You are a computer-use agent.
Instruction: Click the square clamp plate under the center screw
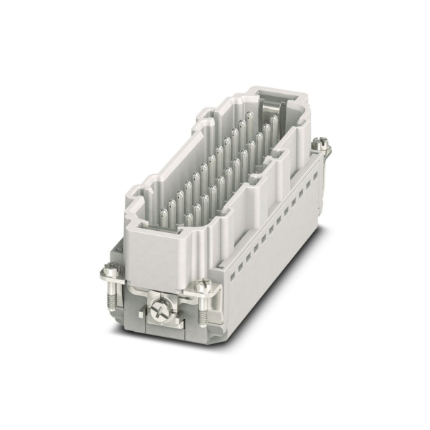point(163,315)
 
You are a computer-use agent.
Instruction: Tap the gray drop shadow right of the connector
point(315,236)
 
